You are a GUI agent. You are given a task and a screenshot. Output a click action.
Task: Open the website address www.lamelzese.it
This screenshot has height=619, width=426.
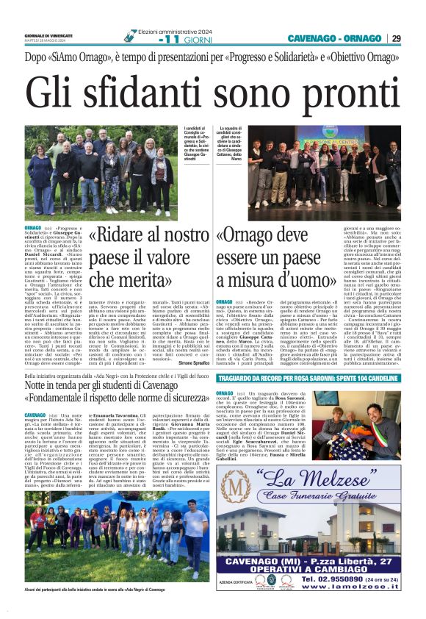(364, 588)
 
